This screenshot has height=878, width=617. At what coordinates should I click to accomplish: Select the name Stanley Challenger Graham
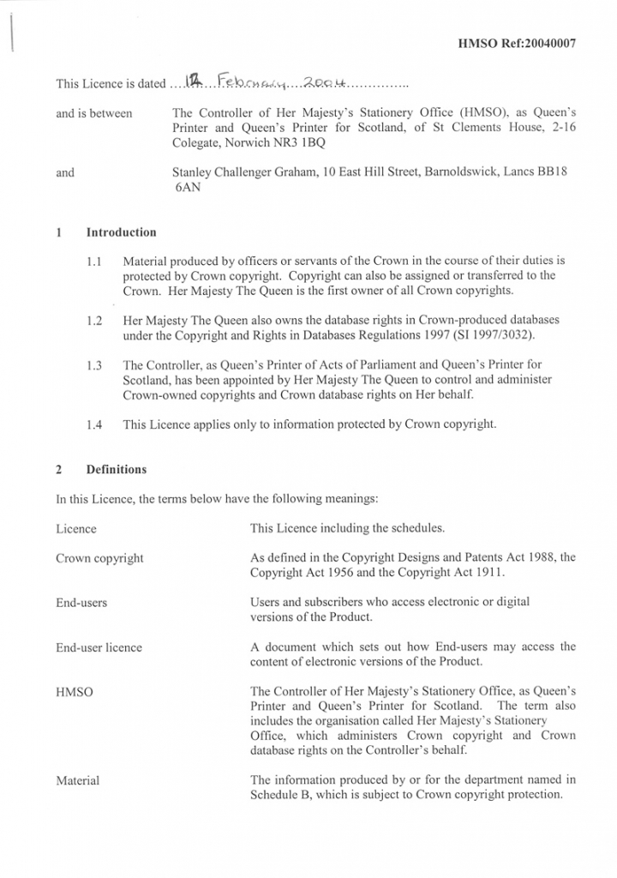(x=243, y=172)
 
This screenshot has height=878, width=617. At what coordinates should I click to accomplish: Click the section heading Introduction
(x=122, y=232)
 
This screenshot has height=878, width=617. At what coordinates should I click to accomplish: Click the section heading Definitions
(x=117, y=470)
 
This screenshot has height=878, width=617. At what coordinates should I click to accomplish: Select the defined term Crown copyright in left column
(x=99, y=558)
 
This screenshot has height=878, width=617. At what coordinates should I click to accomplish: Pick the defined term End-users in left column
(x=81, y=603)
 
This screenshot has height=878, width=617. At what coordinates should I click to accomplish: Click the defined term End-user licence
(x=99, y=647)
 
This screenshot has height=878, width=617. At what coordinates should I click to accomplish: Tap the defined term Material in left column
(x=78, y=780)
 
